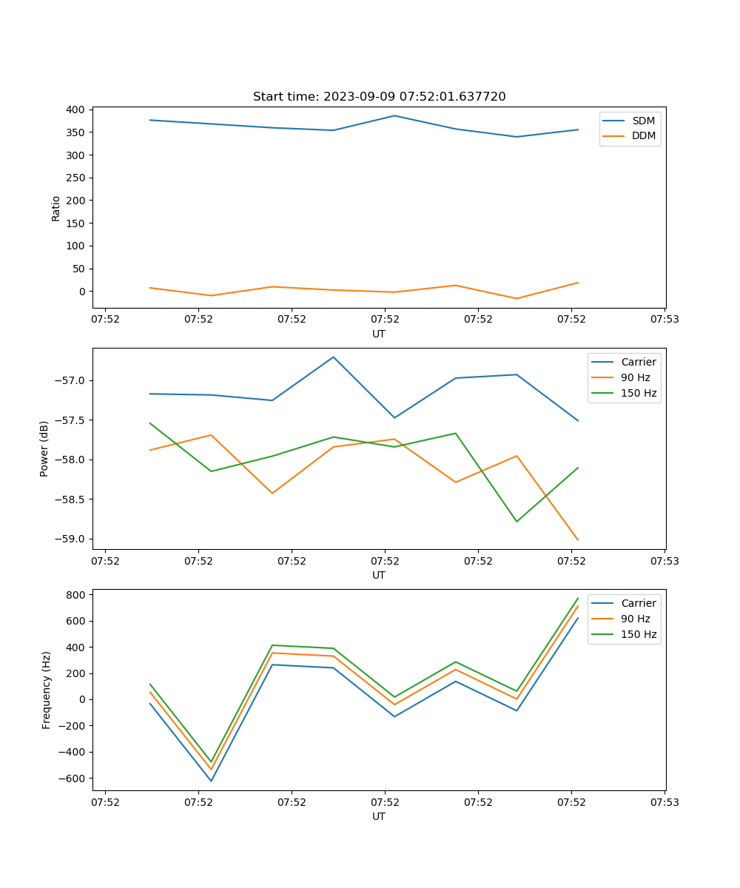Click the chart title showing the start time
379,97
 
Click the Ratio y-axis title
55,208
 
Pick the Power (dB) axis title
44,448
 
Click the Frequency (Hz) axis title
46,690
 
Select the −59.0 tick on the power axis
70,539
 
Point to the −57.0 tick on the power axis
70,380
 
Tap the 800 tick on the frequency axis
76,594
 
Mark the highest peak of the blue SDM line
394,115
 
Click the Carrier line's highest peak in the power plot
333,357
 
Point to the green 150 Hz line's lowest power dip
517,522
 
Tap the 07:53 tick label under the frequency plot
665,802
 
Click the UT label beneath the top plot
379,334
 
